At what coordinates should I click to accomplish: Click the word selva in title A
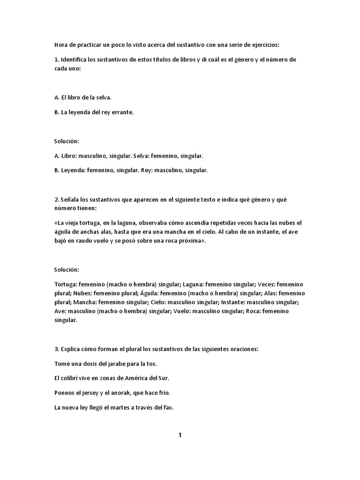click(103, 97)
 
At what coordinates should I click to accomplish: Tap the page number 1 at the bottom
click(180, 435)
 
